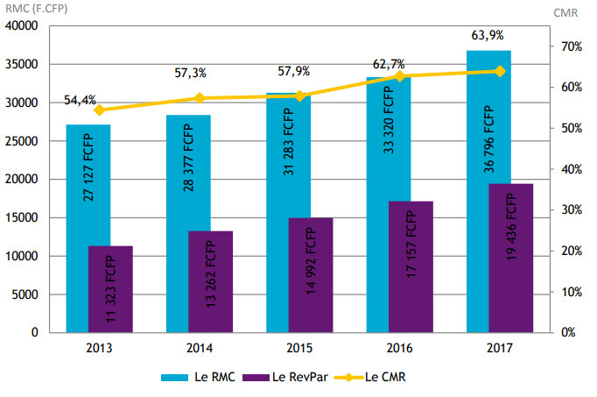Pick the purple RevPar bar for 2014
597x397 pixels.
click(210, 281)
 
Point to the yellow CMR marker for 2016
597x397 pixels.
click(400, 76)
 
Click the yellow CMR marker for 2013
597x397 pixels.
click(99, 110)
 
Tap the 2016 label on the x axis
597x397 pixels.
click(400, 347)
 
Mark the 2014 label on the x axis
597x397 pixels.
click(199, 347)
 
